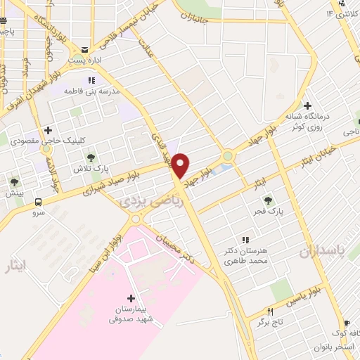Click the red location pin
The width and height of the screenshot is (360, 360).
click(x=181, y=165)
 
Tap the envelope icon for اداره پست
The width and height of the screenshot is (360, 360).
click(x=85, y=50)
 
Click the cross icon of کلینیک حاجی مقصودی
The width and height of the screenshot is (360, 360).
click(x=48, y=129)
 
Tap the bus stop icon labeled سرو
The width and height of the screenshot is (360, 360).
click(x=37, y=202)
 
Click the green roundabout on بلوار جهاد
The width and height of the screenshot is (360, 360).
click(x=229, y=155)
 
